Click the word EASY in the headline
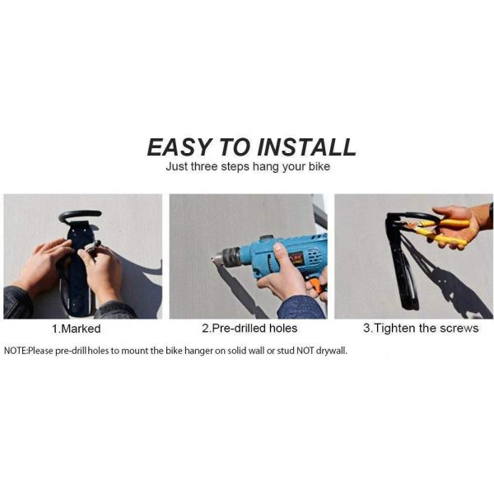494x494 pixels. [x=179, y=147]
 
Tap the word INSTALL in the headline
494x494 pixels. [x=306, y=147]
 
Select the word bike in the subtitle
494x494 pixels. [x=319, y=166]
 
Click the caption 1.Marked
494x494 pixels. [x=77, y=329]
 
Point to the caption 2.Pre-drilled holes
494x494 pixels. [x=249, y=329]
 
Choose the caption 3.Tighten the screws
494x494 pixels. [x=421, y=328]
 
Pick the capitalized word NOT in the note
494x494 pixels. [x=305, y=351]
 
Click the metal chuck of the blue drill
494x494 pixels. [x=230, y=256]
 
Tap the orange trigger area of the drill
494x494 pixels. [x=317, y=284]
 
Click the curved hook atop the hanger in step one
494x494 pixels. [x=79, y=216]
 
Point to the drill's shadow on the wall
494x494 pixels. [x=240, y=291]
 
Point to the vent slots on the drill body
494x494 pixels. [x=313, y=255]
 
